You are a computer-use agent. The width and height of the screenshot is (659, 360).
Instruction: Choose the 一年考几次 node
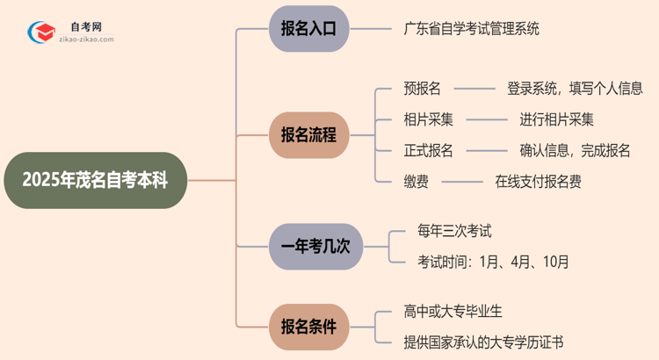(315, 247)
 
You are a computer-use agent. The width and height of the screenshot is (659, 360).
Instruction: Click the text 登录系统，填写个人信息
(575, 88)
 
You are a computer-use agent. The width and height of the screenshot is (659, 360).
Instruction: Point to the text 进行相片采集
(556, 119)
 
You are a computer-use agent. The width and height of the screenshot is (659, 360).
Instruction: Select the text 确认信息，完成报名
(575, 150)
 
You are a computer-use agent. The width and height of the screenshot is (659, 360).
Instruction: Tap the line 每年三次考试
(454, 231)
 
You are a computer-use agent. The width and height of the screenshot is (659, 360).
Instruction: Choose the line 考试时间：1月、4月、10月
(493, 261)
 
